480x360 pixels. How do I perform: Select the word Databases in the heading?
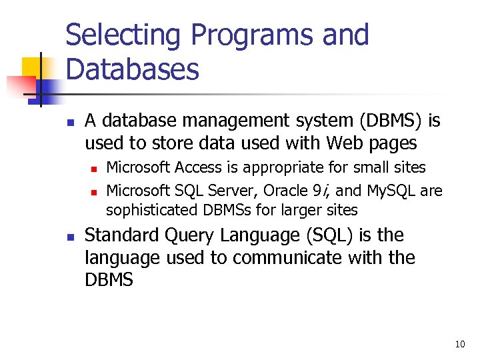click(132, 69)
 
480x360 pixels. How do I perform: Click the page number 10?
click(460, 345)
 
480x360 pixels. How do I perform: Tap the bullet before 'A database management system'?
click(69, 123)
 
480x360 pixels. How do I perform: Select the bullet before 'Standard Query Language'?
click(69, 237)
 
